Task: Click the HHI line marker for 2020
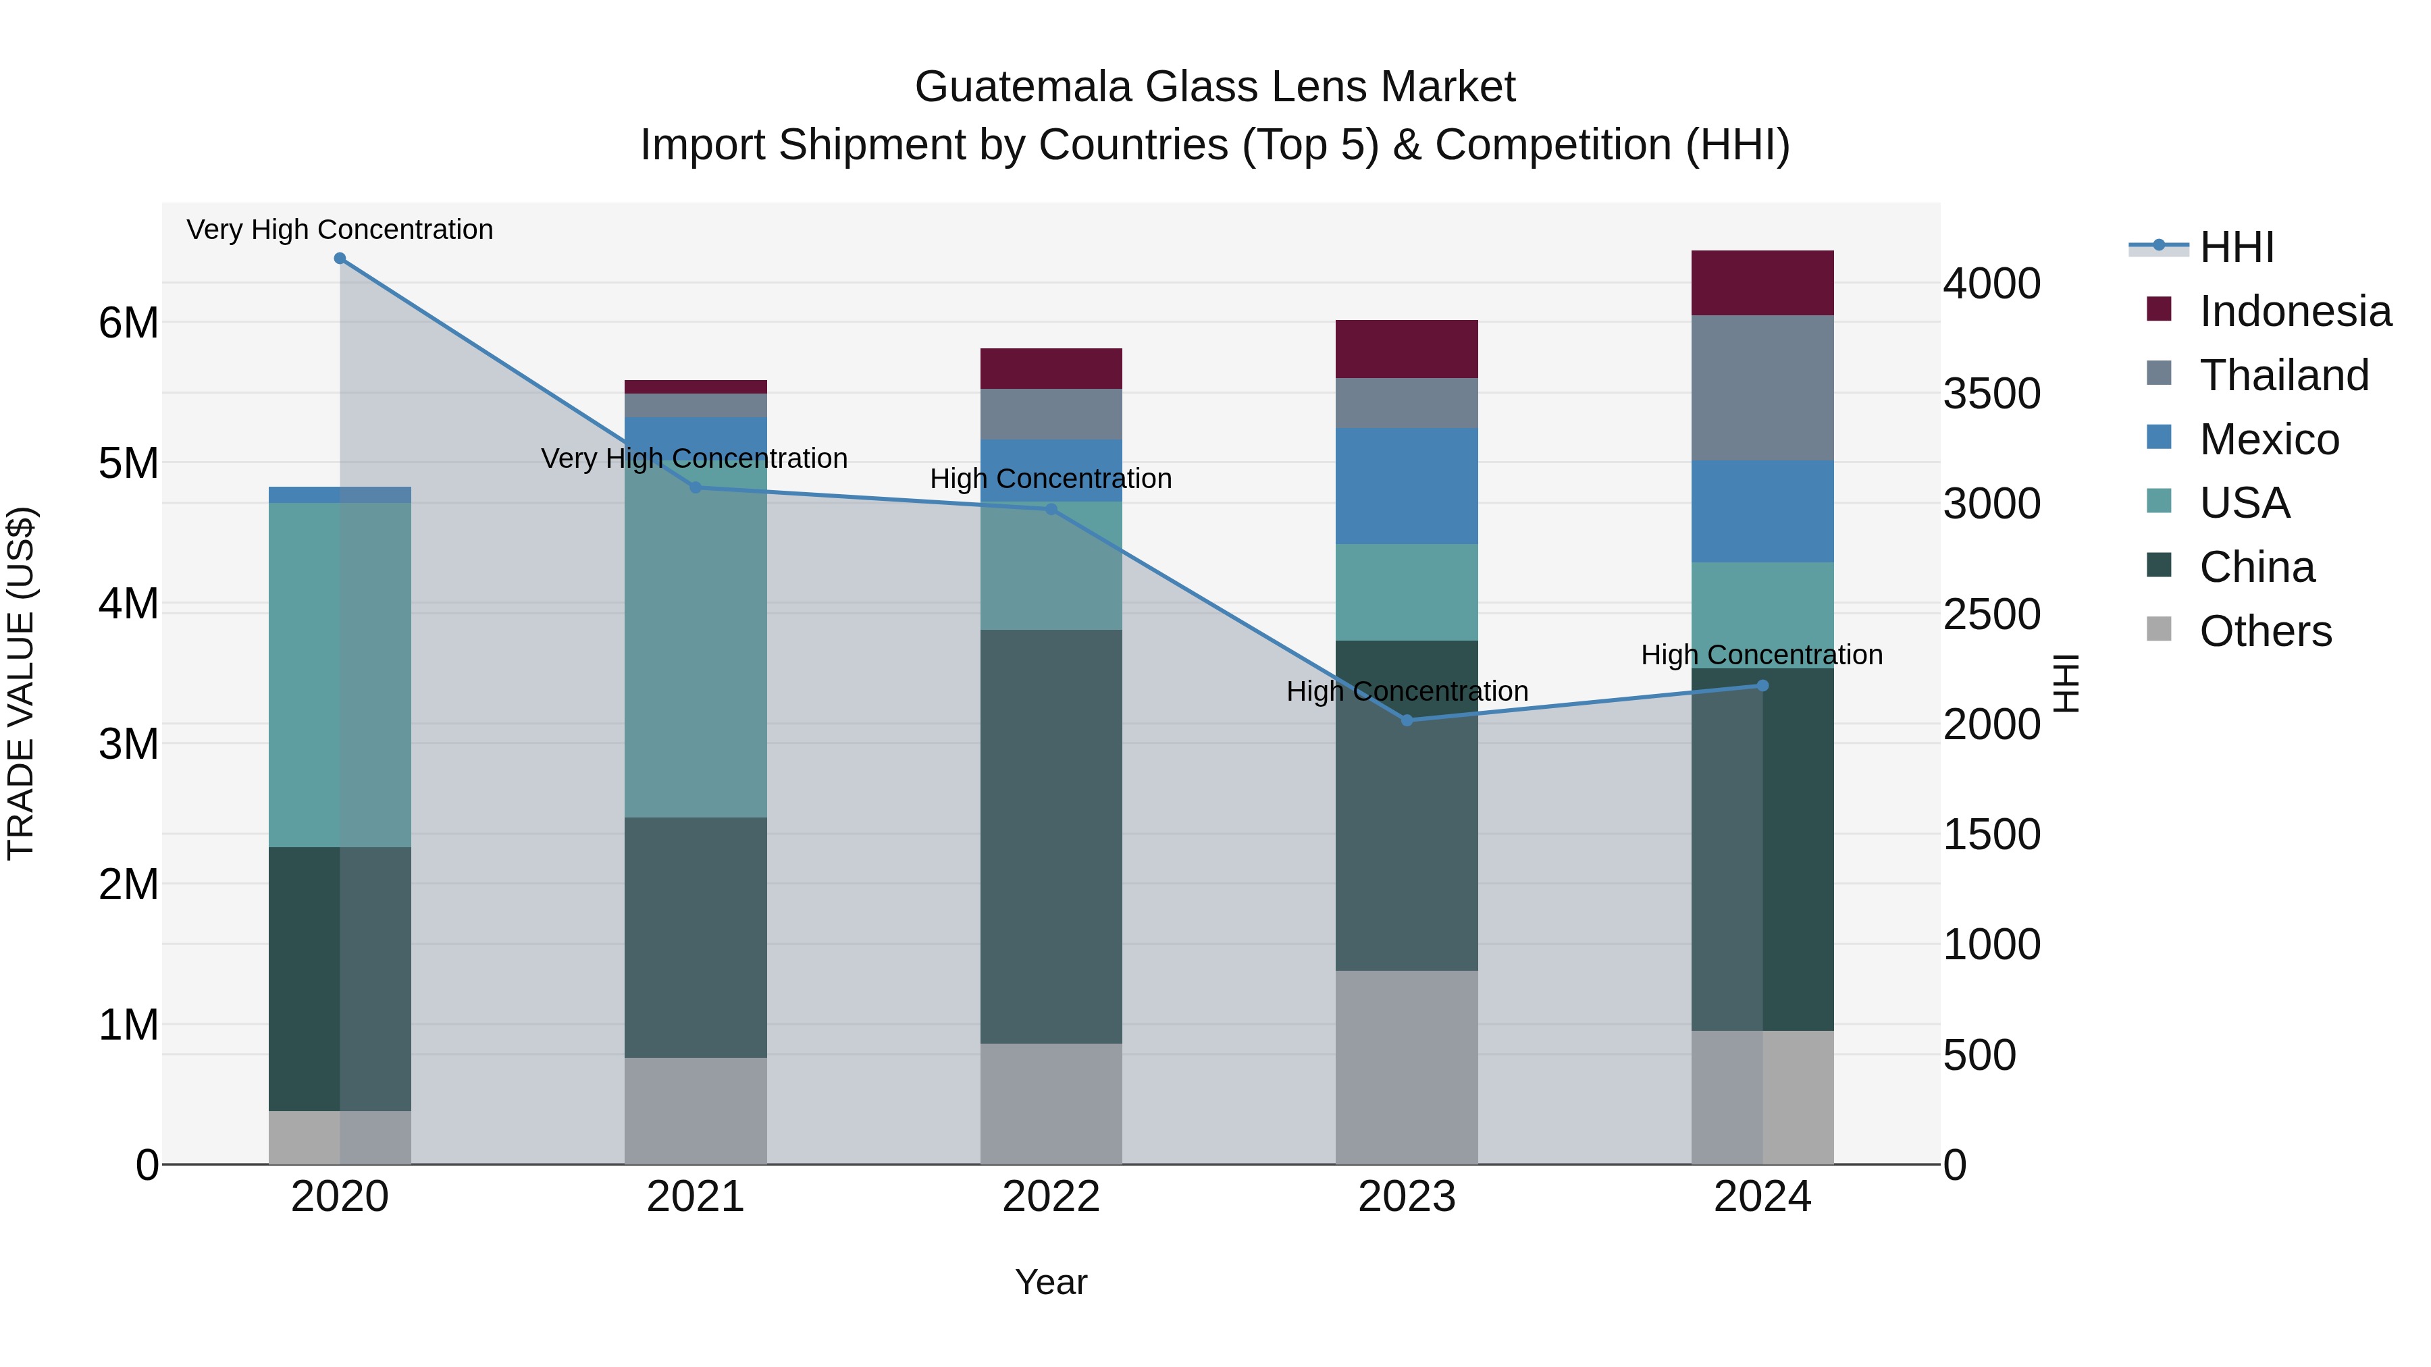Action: pyautogui.click(x=340, y=259)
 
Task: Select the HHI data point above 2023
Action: pyautogui.click(x=1406, y=720)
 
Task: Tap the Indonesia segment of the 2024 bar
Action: pyautogui.click(x=1762, y=283)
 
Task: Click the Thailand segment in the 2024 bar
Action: pyautogui.click(x=1762, y=387)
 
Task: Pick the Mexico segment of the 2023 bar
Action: pyautogui.click(x=1406, y=486)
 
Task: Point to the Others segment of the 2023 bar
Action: pyautogui.click(x=1406, y=1067)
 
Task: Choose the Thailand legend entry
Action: pyautogui.click(x=2284, y=375)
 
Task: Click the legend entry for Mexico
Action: pyautogui.click(x=2269, y=439)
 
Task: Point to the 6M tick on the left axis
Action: pyautogui.click(x=128, y=323)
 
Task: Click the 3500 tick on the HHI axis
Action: pyautogui.click(x=1991, y=394)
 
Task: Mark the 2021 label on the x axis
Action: pyautogui.click(x=696, y=1197)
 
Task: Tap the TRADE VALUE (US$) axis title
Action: pyautogui.click(x=21, y=683)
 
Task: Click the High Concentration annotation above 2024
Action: pyautogui.click(x=1761, y=655)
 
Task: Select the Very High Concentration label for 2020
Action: pyautogui.click(x=340, y=230)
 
